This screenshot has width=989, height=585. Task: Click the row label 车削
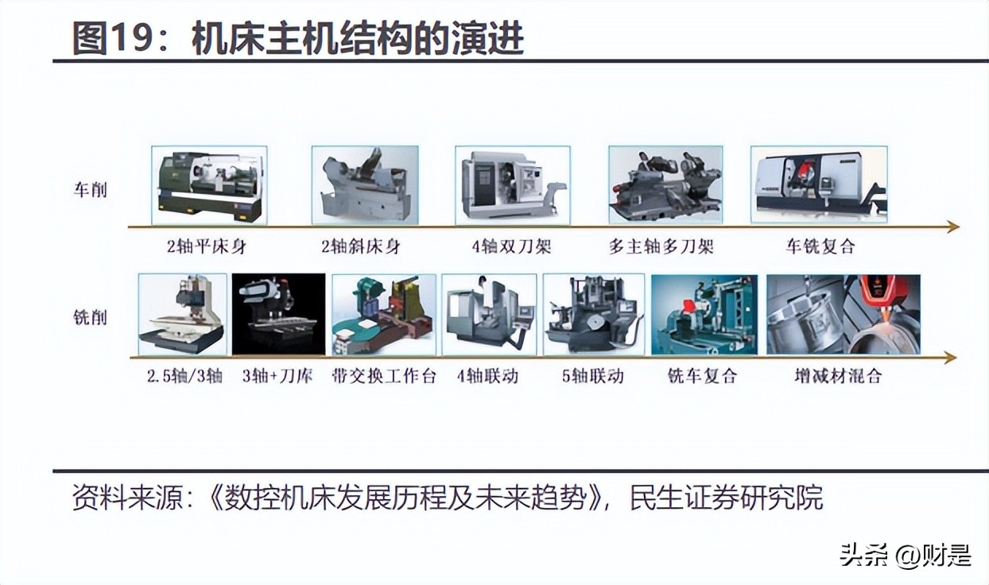pyautogui.click(x=90, y=191)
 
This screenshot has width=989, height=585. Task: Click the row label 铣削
pyautogui.click(x=90, y=318)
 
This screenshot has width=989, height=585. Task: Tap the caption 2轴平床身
pyautogui.click(x=207, y=246)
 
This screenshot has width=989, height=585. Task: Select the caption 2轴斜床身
pyautogui.click(x=361, y=246)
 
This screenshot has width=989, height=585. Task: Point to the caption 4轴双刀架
pyautogui.click(x=511, y=246)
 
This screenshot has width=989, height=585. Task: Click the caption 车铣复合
pyautogui.click(x=820, y=246)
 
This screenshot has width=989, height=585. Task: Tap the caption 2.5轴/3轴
pyautogui.click(x=184, y=376)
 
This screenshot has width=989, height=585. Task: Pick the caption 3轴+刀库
pyautogui.click(x=277, y=376)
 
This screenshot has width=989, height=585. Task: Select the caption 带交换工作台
pyautogui.click(x=384, y=376)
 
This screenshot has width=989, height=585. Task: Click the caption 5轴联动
pyautogui.click(x=592, y=376)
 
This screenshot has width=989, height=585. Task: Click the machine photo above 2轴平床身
pyautogui.click(x=209, y=185)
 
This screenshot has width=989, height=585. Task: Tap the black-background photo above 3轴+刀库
pyautogui.click(x=278, y=314)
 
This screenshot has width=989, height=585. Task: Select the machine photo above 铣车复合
pyautogui.click(x=704, y=314)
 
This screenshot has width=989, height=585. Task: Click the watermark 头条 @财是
pyautogui.click(x=906, y=555)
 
